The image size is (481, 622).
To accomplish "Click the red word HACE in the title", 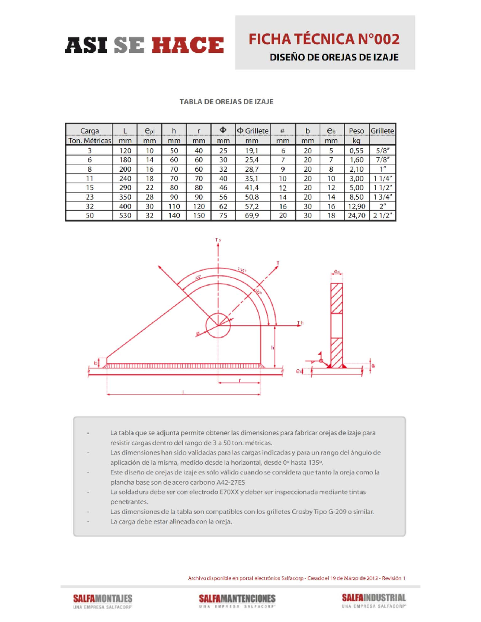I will [188, 45].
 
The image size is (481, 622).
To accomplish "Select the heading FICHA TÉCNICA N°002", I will [324, 39].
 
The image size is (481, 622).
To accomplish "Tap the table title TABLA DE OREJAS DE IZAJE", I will [226, 102].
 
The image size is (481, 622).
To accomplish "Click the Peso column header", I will [356, 131].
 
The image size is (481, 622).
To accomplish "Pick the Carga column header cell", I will [89, 131].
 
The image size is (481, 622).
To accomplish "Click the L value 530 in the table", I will [125, 215].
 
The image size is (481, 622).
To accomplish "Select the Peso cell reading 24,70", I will [356, 215].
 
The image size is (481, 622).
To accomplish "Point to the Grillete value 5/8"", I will [382, 151].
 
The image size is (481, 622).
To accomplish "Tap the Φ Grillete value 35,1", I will [252, 179].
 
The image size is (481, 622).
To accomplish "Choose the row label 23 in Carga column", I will [89, 197].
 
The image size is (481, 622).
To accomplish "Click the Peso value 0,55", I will [356, 151].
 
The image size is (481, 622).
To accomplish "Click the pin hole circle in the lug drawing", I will [218, 326].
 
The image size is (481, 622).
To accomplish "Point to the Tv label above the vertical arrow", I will [218, 240].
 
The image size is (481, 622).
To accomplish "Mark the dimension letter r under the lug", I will [240, 380].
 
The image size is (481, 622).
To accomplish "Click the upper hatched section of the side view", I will [337, 298].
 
